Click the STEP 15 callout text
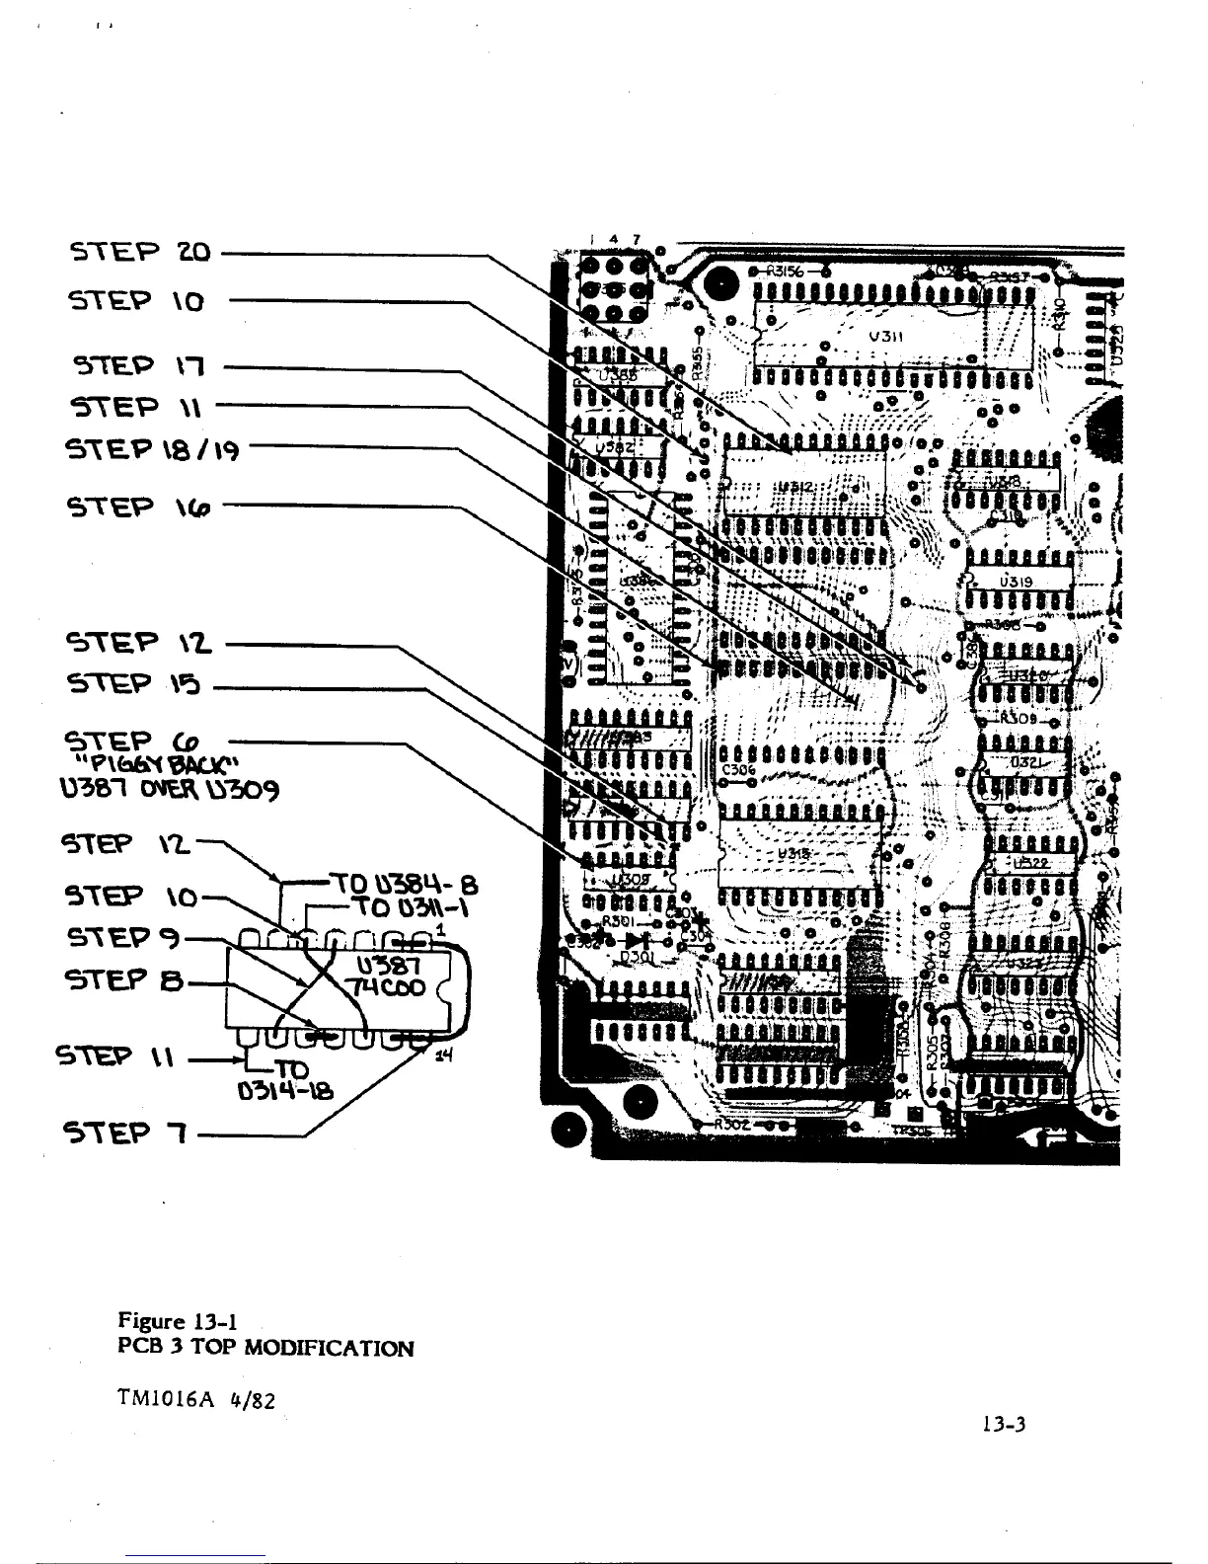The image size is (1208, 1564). point(134,683)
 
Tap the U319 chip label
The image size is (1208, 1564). point(1016,582)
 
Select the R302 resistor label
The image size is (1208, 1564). point(731,1124)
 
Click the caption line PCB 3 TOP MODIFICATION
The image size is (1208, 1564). point(265,1348)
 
